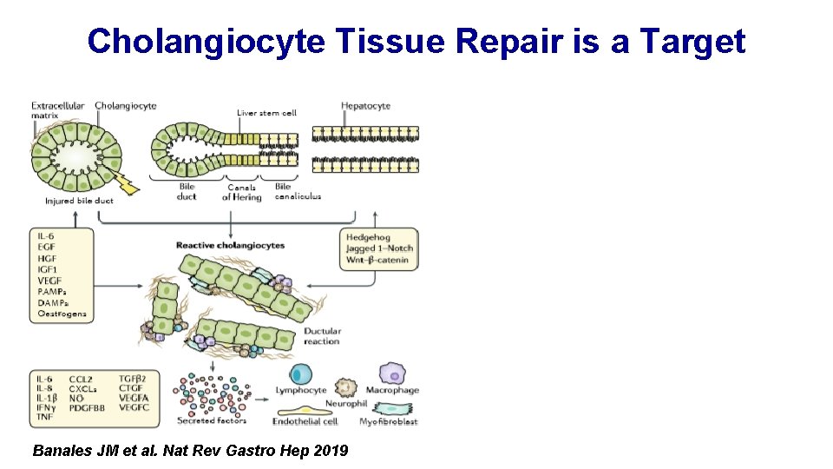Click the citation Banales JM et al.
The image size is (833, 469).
[x=96, y=451]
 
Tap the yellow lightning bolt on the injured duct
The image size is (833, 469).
[x=128, y=183]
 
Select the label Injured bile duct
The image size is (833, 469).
[x=79, y=201]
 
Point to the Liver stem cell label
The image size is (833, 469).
[x=266, y=113]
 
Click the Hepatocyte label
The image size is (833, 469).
[x=365, y=106]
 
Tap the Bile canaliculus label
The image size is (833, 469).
[x=297, y=191]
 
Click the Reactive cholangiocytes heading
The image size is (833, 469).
[x=230, y=246]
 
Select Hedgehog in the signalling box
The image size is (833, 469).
[x=368, y=237]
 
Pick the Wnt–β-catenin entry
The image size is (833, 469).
[x=379, y=260]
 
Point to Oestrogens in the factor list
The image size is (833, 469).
[x=62, y=314]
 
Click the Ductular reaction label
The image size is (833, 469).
[x=322, y=336]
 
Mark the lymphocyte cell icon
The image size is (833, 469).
[x=301, y=374]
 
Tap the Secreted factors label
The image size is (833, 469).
[x=212, y=421]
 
